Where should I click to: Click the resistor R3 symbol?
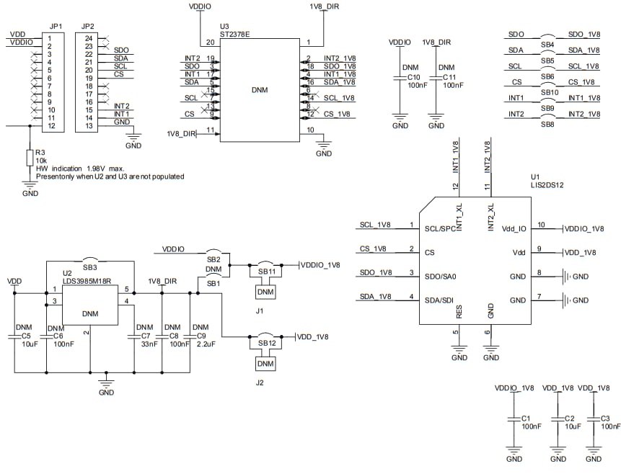click(30, 157)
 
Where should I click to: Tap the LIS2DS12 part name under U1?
click(547, 185)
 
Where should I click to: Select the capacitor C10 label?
click(413, 77)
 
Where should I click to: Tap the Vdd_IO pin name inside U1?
click(511, 229)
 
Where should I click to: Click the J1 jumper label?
click(260, 310)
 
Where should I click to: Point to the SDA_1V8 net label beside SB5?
click(583, 50)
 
